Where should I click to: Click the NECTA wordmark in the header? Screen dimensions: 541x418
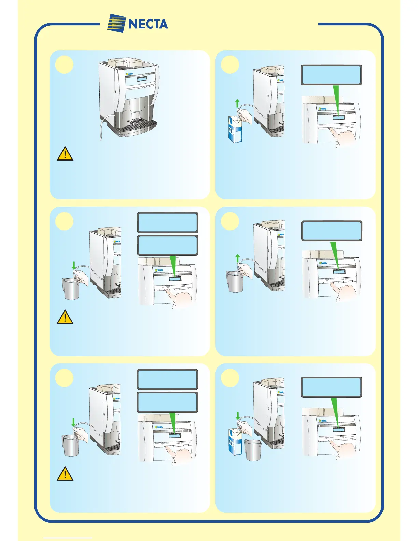[148, 24]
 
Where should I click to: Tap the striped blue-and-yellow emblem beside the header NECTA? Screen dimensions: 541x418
[116, 23]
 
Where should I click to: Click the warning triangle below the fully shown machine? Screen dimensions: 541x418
[65, 154]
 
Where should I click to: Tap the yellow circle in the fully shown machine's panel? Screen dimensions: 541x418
[65, 65]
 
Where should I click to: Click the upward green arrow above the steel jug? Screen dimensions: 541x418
[238, 258]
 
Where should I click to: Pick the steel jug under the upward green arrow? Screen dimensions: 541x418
[235, 282]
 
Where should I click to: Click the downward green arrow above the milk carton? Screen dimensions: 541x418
[238, 416]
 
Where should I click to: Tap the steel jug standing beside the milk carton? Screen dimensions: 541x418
[253, 450]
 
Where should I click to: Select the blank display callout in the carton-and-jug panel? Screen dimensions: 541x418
[331, 387]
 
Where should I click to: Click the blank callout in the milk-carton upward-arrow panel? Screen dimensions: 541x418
[331, 75]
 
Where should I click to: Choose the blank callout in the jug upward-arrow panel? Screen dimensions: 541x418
[331, 231]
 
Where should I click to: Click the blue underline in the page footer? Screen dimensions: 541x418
[68, 538]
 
